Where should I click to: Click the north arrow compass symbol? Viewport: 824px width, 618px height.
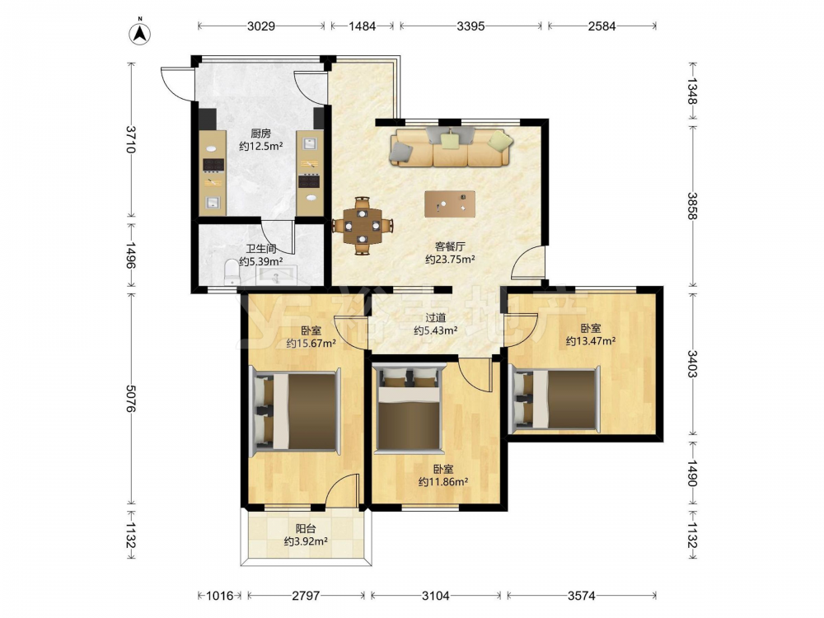[x=140, y=32]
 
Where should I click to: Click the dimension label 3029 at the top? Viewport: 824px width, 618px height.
[x=261, y=26]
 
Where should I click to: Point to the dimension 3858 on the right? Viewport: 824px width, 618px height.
[x=693, y=206]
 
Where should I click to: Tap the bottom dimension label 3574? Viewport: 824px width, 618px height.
[x=581, y=596]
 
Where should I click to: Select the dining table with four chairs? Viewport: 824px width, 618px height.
[x=363, y=226]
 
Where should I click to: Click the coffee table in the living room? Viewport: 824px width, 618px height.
[x=450, y=204]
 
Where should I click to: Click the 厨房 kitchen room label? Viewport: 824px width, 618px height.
[x=260, y=133]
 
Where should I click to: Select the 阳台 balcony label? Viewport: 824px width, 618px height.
[x=306, y=529]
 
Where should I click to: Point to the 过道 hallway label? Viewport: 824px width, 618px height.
[x=436, y=317]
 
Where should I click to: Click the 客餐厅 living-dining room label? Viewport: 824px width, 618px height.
[x=451, y=246]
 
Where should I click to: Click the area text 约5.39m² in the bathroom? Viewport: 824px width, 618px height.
[x=261, y=261]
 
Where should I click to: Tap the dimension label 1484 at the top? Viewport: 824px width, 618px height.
[x=362, y=26]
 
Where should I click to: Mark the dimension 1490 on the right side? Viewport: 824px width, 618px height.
[x=693, y=474]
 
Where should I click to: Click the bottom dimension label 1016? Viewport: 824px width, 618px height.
[x=220, y=596]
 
